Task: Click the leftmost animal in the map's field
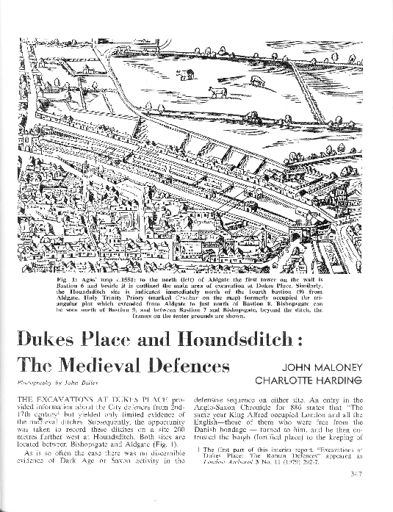[x=185, y=73]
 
